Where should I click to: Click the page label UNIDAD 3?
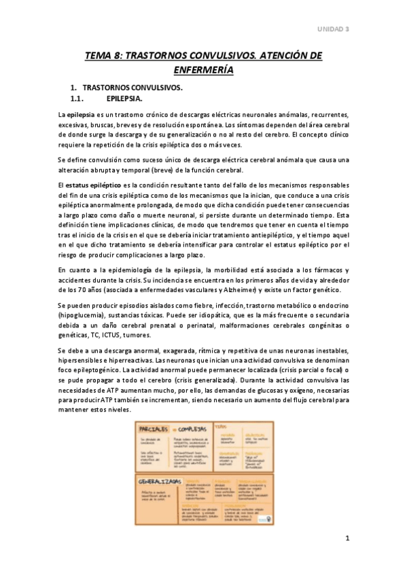(333, 29)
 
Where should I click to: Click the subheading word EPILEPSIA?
(124, 98)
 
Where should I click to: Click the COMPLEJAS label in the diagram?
(192, 429)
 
